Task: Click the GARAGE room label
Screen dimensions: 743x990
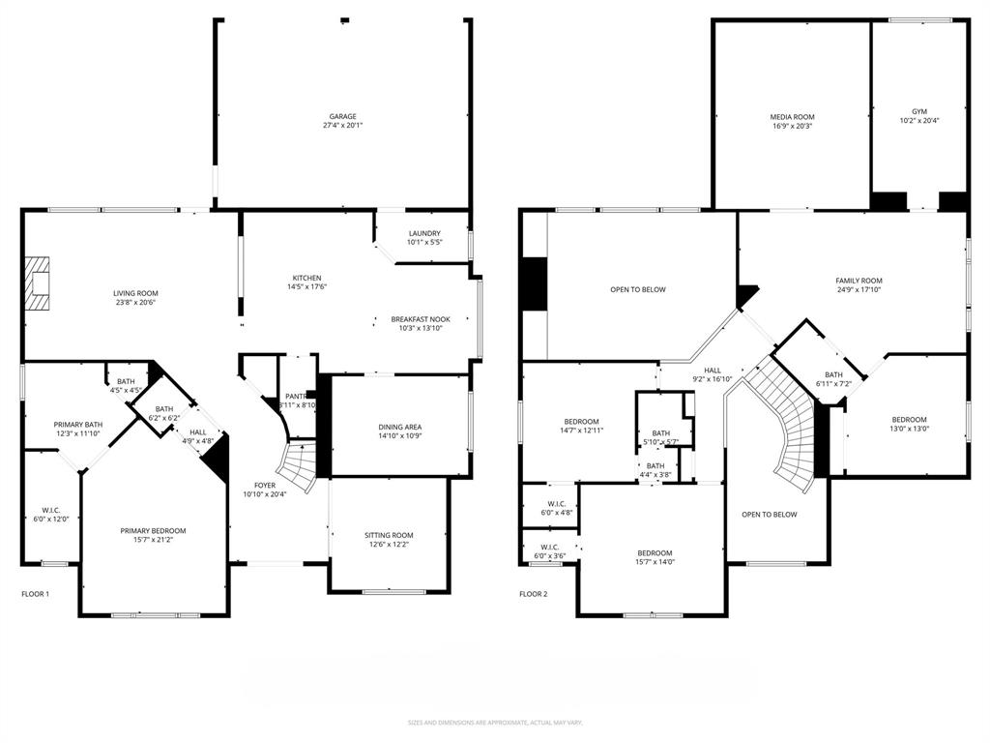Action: point(342,116)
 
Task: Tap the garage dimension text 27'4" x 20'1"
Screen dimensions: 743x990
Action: point(342,126)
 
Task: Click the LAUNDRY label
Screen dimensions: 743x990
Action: point(424,233)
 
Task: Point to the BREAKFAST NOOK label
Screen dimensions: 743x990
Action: point(421,319)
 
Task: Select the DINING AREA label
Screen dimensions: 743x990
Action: point(399,427)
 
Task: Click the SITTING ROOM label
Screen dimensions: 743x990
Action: point(389,535)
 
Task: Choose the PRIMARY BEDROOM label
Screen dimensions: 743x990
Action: point(153,530)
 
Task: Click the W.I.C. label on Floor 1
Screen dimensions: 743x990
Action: point(50,509)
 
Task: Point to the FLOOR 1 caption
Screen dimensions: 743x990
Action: point(35,593)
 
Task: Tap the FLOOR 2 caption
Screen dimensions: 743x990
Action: point(533,593)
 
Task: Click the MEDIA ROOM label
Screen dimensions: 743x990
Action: point(792,116)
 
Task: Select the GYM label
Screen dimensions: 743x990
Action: point(918,111)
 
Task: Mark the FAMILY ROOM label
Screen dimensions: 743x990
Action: point(859,281)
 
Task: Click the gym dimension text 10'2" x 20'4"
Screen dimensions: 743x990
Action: point(918,121)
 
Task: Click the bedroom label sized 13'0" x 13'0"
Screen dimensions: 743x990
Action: point(909,420)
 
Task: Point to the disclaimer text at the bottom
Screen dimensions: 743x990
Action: point(494,723)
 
